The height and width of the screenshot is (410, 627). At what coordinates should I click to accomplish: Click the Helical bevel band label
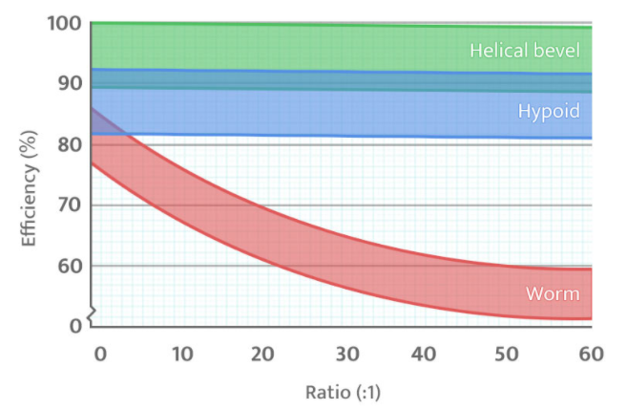point(524,50)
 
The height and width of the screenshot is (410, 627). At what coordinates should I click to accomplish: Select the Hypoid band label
point(548,112)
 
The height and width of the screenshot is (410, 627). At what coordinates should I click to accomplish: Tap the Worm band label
point(553,293)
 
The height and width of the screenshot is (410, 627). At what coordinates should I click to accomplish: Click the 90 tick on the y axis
point(70,83)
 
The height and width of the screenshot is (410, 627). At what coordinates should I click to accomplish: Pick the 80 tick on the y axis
point(70,144)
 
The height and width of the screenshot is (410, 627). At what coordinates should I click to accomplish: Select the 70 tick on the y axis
point(70,205)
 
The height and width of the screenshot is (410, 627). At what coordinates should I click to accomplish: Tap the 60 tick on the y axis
point(70,266)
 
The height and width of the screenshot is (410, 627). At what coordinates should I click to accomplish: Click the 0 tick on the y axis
point(74,326)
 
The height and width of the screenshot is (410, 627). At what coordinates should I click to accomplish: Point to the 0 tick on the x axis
point(100,353)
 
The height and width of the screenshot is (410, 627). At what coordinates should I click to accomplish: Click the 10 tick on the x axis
point(182,353)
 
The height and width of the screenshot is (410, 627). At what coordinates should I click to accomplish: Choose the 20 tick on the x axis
point(264,353)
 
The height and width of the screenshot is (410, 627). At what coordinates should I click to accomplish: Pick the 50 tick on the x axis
point(510,353)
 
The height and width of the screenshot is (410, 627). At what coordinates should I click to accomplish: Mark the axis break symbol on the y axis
point(92,313)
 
